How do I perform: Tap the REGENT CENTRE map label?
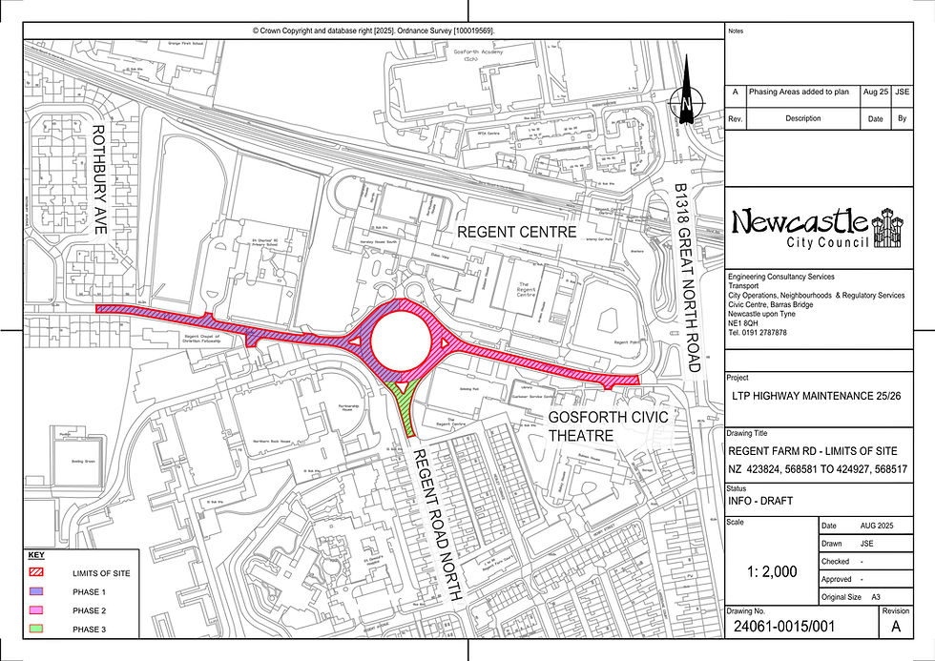[x=516, y=232]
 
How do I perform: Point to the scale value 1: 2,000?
[x=771, y=571]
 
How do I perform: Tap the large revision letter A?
[x=896, y=627]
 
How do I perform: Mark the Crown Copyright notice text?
[x=373, y=31]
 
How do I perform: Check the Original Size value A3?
[x=875, y=596]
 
